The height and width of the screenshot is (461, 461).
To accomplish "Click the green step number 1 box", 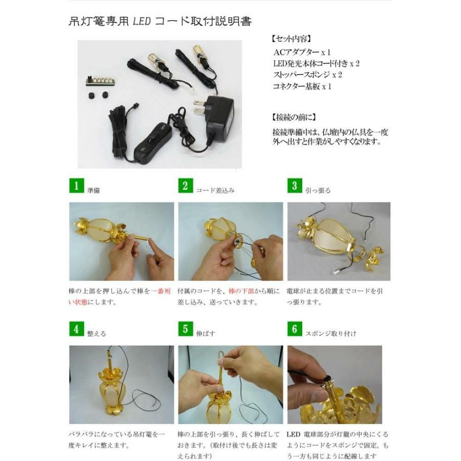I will [x=76, y=186].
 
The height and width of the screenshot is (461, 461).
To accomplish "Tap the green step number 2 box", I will [x=185, y=186].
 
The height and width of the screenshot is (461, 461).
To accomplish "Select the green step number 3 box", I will [x=294, y=186].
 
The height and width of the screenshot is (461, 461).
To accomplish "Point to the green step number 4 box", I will [x=76, y=329].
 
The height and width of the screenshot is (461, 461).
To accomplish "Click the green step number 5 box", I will [x=185, y=329].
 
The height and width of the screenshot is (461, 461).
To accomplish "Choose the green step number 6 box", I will [x=294, y=329].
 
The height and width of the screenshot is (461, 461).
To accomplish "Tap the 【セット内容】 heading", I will [x=290, y=39].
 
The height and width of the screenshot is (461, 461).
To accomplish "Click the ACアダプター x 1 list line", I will [x=302, y=52].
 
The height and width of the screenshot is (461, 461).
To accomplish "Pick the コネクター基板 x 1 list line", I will [x=303, y=86].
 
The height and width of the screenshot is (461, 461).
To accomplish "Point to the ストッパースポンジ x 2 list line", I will [x=307, y=75].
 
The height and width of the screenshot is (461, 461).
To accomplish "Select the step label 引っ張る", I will [x=318, y=190].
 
